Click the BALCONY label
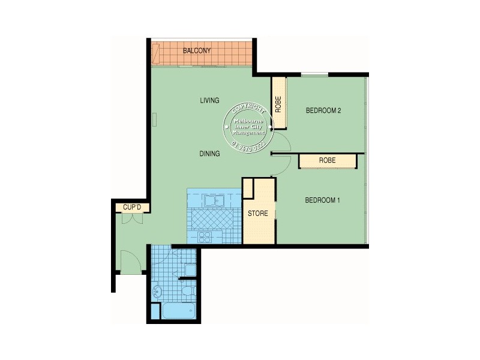click(x=197, y=51)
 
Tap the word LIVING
click(x=209, y=100)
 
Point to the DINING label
click(x=209, y=154)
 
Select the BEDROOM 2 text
click(x=323, y=110)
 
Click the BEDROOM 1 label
click(x=323, y=200)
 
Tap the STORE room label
click(x=258, y=214)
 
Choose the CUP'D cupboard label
click(x=131, y=208)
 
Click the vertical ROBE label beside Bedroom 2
click(x=278, y=105)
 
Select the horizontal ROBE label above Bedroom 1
click(x=327, y=161)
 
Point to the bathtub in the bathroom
click(x=176, y=311)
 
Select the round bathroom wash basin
click(x=158, y=292)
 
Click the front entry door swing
click(x=130, y=262)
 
